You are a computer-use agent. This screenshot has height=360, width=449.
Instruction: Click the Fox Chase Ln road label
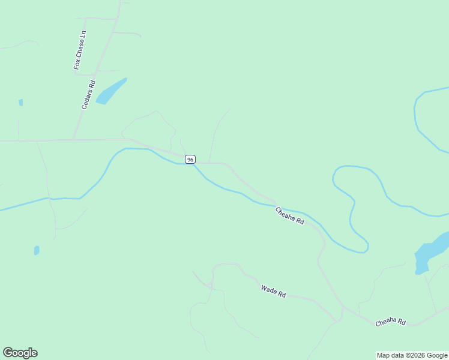pyautogui.click(x=80, y=50)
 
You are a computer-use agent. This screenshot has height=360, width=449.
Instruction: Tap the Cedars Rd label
pyautogui.click(x=89, y=95)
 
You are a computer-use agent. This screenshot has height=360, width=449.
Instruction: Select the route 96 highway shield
pyautogui.click(x=190, y=159)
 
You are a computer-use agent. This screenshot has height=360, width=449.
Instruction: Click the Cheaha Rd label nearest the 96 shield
pyautogui.click(x=289, y=215)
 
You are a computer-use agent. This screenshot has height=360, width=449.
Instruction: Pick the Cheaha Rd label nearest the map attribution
pyautogui.click(x=391, y=322)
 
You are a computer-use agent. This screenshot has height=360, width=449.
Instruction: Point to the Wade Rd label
pyautogui.click(x=273, y=292)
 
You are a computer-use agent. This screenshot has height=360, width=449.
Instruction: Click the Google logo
pyautogui.click(x=20, y=353)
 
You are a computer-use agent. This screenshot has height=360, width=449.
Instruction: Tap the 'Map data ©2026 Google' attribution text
pyautogui.click(x=412, y=355)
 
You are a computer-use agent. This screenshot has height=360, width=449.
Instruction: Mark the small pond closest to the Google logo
pyautogui.click(x=37, y=250)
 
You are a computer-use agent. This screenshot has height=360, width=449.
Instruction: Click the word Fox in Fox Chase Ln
pyautogui.click(x=77, y=63)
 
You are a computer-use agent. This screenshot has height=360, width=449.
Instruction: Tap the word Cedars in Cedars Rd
pyautogui.click(x=87, y=99)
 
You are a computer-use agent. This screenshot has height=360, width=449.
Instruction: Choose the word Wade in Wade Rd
pyautogui.click(x=268, y=290)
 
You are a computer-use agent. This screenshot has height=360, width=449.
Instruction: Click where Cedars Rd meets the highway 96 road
pyautogui.click(x=73, y=140)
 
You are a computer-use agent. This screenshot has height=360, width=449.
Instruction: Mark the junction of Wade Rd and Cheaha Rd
pyautogui.click(x=342, y=309)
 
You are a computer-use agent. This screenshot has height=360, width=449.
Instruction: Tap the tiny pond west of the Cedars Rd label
pyautogui.click(x=21, y=103)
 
